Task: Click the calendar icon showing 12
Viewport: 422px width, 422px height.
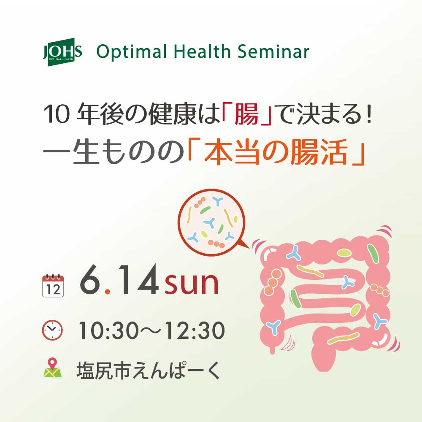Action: pyautogui.click(x=53, y=286)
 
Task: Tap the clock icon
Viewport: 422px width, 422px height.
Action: pyautogui.click(x=52, y=330)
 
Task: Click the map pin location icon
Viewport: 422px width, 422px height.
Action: pyautogui.click(x=52, y=368)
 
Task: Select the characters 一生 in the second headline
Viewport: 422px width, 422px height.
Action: pyautogui.click(x=78, y=154)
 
